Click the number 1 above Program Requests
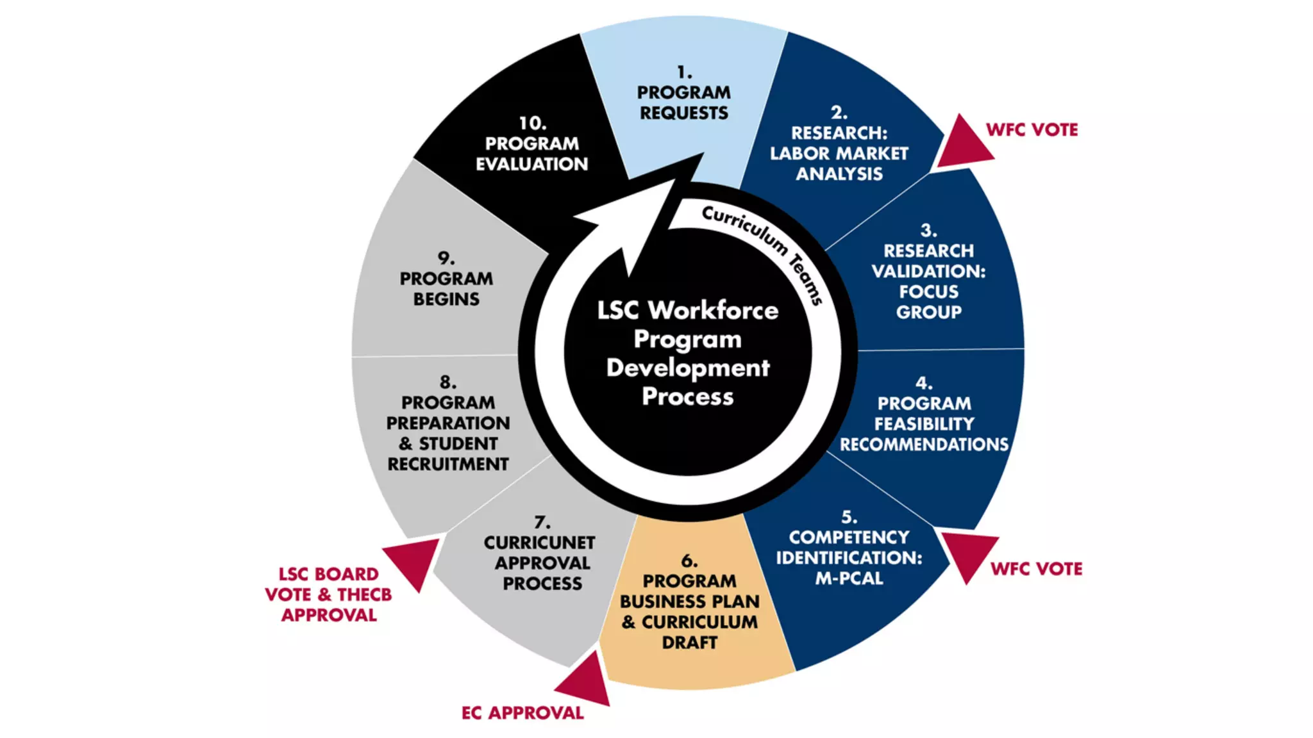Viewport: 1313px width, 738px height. click(683, 72)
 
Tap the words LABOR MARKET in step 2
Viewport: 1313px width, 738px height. click(839, 154)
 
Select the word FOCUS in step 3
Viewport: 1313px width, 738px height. click(928, 292)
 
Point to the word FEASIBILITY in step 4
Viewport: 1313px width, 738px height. click(924, 424)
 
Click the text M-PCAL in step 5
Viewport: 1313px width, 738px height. click(849, 578)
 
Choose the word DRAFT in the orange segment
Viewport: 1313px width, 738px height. click(689, 643)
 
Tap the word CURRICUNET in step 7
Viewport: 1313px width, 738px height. click(539, 543)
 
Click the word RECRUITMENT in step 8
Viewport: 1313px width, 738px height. click(447, 464)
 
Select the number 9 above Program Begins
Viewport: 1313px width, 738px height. click(446, 259)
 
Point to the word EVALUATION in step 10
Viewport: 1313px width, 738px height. click(531, 165)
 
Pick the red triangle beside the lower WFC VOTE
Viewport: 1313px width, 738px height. click(968, 553)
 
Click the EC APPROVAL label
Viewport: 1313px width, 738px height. click(523, 713)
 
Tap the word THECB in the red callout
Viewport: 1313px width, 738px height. click(364, 595)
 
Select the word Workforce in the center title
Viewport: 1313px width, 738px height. click(713, 311)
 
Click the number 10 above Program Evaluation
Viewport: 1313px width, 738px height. click(531, 123)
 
